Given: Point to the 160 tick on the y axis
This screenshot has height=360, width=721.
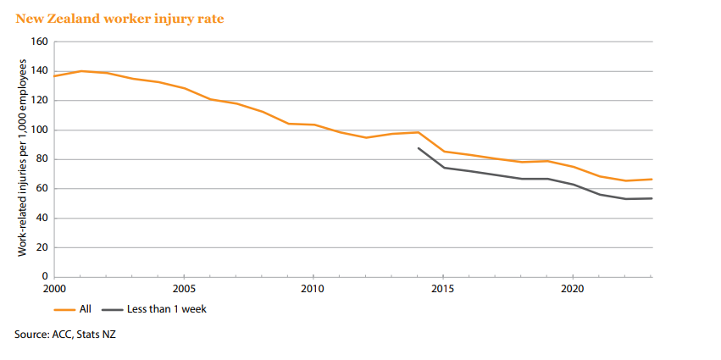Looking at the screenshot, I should (39, 42).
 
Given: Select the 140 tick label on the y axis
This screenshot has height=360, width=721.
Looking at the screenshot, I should (39, 71).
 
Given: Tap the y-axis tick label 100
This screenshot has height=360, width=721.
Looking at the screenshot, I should (39, 130).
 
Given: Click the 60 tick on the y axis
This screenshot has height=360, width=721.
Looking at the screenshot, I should (42, 189).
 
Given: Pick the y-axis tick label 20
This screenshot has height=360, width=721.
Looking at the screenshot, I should (42, 247).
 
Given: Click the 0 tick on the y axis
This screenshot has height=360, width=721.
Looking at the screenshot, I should (44, 277).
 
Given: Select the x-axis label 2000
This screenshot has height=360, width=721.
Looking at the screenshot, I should (55, 289).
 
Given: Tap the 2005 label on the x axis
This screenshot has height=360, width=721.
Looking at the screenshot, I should (184, 289).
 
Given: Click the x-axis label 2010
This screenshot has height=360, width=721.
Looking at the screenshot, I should (313, 289).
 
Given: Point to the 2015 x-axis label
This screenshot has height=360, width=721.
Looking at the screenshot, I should (443, 289).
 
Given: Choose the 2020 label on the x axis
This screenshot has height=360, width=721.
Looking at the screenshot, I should (573, 289).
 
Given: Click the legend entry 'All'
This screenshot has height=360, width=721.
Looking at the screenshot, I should (85, 309).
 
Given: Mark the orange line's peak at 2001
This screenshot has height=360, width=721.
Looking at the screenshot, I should (80, 71).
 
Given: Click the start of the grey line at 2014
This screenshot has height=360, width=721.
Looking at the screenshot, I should (418, 147).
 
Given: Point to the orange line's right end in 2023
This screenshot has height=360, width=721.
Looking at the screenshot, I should (651, 179).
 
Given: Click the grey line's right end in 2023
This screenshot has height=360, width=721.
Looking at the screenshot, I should (651, 198).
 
